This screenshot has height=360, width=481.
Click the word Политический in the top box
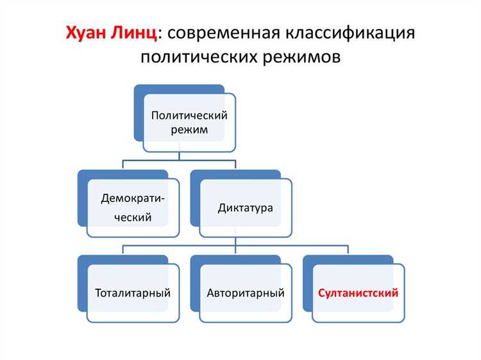[189, 116]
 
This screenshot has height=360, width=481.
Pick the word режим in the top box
[189, 130]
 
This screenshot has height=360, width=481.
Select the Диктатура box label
[246, 209]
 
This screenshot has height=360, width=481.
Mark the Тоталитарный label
[133, 293]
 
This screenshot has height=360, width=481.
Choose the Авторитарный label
[246, 293]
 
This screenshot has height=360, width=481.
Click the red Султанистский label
[359, 293]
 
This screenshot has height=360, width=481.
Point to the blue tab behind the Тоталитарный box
[96, 259]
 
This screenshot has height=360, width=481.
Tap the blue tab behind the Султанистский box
[321, 259]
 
